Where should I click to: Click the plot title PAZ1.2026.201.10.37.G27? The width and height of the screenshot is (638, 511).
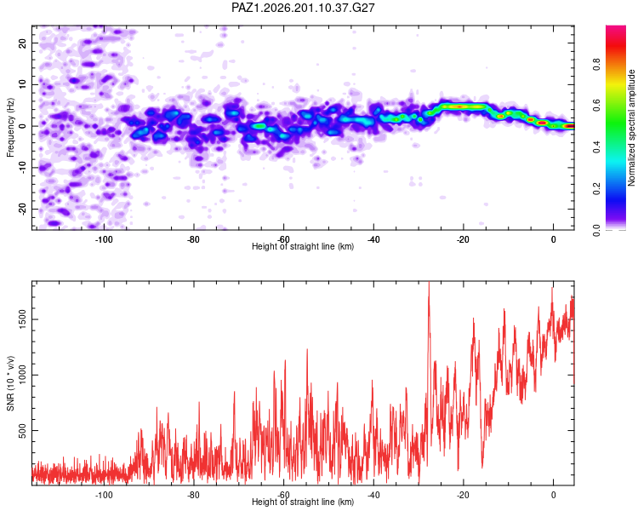pos(303,8)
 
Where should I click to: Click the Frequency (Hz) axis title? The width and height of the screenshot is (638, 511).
pos(10,128)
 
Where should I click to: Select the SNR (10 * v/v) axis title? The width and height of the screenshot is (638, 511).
pos(10,383)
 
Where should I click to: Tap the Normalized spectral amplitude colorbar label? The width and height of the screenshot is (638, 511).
pos(631,128)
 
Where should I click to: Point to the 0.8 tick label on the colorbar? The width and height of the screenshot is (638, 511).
pos(596,64)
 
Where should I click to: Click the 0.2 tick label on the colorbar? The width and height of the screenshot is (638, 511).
pos(596,189)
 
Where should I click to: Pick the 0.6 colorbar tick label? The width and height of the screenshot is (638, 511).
pos(596,106)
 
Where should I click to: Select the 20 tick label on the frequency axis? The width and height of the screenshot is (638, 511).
pos(23,43)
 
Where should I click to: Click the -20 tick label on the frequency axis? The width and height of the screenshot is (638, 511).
pos(23,209)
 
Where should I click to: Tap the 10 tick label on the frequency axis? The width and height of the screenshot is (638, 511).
pos(23,84)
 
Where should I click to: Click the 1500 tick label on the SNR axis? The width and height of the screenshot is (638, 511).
pos(23,319)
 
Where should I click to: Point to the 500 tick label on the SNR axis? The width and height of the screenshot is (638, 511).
pos(23,430)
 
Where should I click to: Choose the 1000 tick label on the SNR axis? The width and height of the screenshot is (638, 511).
pos(23,375)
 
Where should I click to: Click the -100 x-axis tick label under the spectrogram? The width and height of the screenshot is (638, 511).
pos(104,239)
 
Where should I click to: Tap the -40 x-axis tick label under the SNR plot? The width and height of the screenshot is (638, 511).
pos(373,495)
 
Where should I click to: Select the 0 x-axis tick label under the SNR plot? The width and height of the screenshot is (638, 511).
pos(554,495)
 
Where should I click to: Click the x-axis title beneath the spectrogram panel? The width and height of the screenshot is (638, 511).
pos(303,246)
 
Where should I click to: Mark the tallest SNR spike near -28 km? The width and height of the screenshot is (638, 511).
pos(429,284)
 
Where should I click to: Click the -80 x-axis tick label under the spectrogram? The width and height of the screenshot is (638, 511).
pos(194,239)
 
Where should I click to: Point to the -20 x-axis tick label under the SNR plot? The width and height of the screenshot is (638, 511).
pos(464,495)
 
